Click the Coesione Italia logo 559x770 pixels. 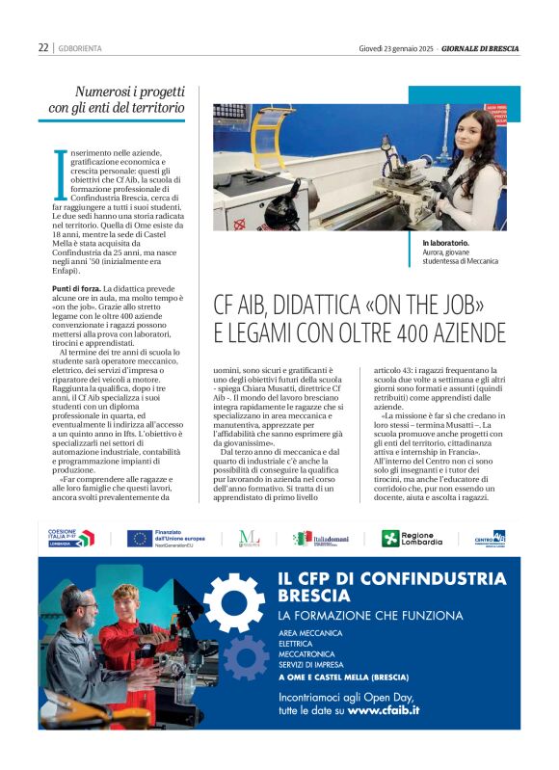(x=69, y=538)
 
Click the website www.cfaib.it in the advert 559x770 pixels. (x=384, y=710)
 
